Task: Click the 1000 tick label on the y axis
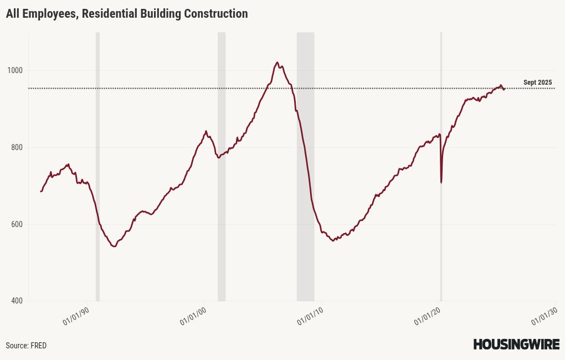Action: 16,70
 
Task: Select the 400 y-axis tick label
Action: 17,301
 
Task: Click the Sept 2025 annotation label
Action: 537,83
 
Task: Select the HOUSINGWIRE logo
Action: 516,344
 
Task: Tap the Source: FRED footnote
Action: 26,346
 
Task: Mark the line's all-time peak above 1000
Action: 277,63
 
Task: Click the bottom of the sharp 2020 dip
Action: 441,182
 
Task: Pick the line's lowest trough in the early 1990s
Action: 114,246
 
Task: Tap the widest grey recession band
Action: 305,166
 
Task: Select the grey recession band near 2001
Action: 222,166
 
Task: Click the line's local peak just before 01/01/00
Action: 206,131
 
